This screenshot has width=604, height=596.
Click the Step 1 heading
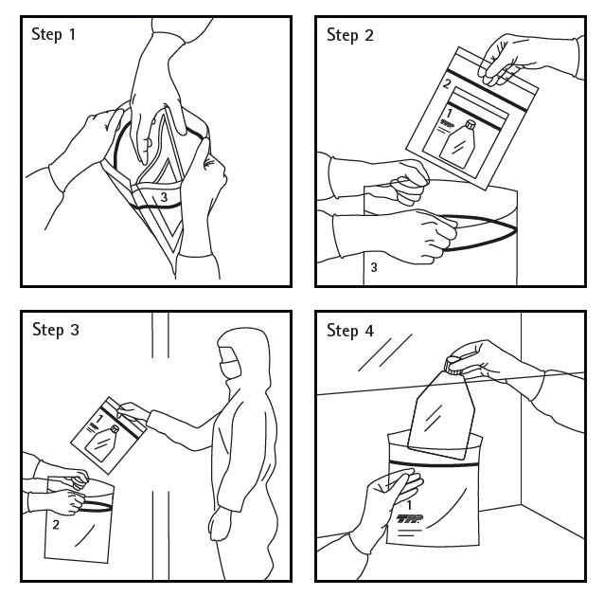(53, 34)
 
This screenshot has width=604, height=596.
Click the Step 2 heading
(349, 35)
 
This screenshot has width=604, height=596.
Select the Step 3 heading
(56, 330)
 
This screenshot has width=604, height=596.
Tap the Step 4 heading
(350, 331)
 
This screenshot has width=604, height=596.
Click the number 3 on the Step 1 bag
(164, 197)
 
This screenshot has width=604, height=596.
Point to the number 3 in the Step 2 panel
(374, 267)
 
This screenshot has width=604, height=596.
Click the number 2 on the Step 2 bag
(447, 83)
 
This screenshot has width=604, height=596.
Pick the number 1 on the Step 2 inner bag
(449, 113)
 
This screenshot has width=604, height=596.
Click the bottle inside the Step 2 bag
(458, 144)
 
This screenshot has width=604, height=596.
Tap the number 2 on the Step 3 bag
(56, 525)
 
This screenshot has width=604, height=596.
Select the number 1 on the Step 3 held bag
(100, 419)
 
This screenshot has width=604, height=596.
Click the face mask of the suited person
(230, 369)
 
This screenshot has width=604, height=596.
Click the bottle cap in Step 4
(453, 366)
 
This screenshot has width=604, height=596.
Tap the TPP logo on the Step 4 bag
(410, 518)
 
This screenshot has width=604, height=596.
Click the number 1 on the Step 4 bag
(409, 505)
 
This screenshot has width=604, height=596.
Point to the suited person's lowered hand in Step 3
(221, 525)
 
